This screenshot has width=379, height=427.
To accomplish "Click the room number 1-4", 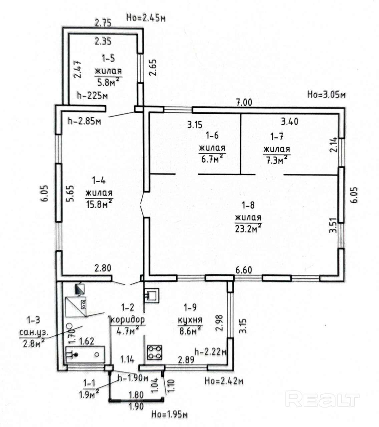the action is [99, 180].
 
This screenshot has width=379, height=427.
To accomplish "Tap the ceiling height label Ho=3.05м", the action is [326, 95].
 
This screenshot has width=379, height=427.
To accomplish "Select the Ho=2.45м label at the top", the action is [146, 18].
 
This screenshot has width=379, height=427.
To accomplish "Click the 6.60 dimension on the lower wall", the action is [244, 270].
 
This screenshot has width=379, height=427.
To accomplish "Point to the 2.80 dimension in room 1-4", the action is [103, 268].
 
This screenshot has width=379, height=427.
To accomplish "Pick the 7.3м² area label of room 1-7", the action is [277, 161].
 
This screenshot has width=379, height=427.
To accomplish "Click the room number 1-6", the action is [212, 135].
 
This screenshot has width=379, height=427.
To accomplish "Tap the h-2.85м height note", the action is [84, 121].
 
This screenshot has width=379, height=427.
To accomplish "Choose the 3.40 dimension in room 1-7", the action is [290, 122].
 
